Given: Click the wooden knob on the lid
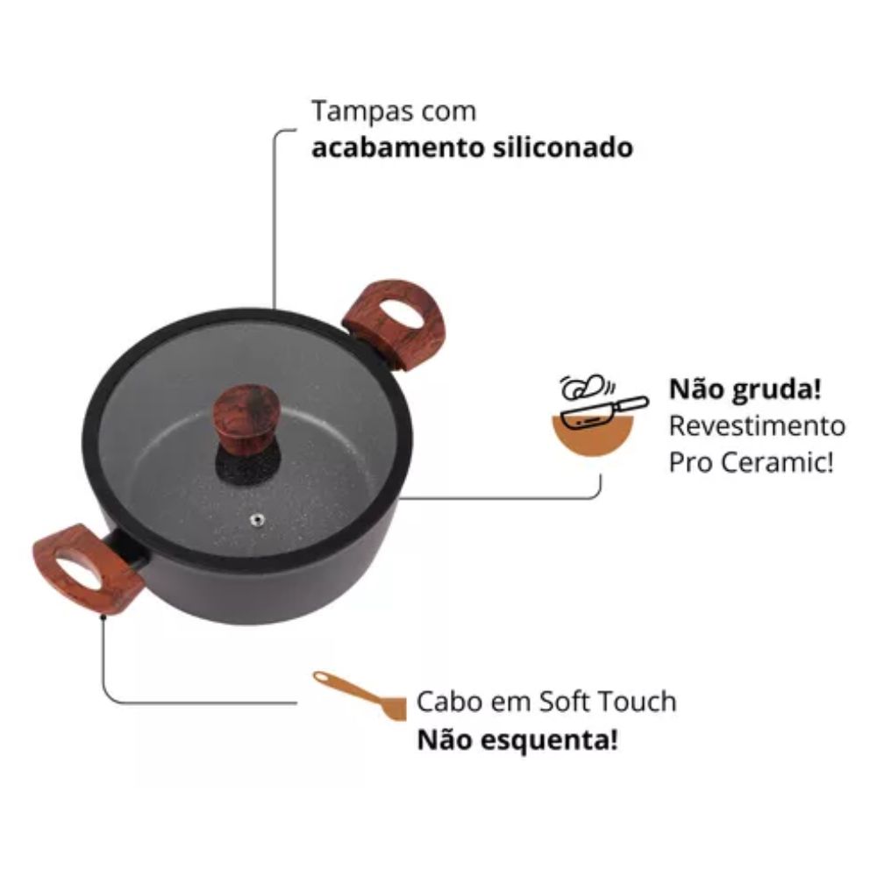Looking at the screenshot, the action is (246, 417).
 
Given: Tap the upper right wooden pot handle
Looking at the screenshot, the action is (395, 324).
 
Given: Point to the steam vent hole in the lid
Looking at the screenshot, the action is (257, 520).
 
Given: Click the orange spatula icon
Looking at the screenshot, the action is (360, 695).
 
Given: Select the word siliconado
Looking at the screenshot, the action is (563, 147).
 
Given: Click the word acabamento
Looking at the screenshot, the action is (397, 148).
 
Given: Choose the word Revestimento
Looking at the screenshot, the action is (758, 426).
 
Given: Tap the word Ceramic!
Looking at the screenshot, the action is (777, 462).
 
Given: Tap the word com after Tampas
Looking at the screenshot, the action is (448, 112).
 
